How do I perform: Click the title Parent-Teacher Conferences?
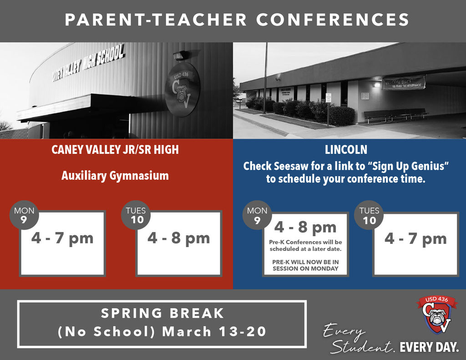point(237,20)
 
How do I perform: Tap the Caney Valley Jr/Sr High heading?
point(115,150)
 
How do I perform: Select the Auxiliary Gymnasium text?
point(115,176)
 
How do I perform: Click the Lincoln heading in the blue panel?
point(346,150)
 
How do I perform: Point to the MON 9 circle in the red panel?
point(24,215)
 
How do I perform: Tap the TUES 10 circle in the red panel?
point(136,215)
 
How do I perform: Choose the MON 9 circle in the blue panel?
point(257,215)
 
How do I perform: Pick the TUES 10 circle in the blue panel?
point(369,215)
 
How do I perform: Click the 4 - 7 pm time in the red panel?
point(62,238)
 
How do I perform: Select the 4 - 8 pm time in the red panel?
point(178,238)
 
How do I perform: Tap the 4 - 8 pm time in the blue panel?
point(305,227)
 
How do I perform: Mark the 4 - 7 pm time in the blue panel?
point(415,239)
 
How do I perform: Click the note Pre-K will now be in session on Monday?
point(305,265)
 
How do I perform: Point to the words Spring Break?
point(162,313)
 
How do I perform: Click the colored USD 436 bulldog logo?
point(436,314)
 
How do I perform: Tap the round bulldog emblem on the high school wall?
point(182,89)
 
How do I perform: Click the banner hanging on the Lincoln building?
point(404,83)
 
